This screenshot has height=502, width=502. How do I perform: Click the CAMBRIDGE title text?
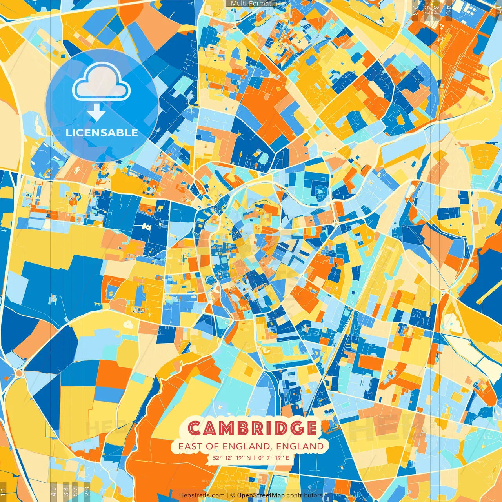point(252,428)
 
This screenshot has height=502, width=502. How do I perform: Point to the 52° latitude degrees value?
point(217,458)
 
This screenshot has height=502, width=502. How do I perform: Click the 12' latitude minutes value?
point(229,458)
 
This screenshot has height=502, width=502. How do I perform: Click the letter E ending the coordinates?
point(287,458)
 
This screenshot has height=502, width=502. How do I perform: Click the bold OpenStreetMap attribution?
point(261,495)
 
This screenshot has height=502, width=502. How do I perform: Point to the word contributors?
point(305,495)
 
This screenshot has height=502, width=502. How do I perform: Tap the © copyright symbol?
point(233,495)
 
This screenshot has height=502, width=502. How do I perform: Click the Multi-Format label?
point(251,4)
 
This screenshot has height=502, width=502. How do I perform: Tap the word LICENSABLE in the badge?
point(102,133)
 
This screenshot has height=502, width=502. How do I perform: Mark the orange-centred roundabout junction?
point(19,373)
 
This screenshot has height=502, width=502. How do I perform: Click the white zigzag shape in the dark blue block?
point(146,226)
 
